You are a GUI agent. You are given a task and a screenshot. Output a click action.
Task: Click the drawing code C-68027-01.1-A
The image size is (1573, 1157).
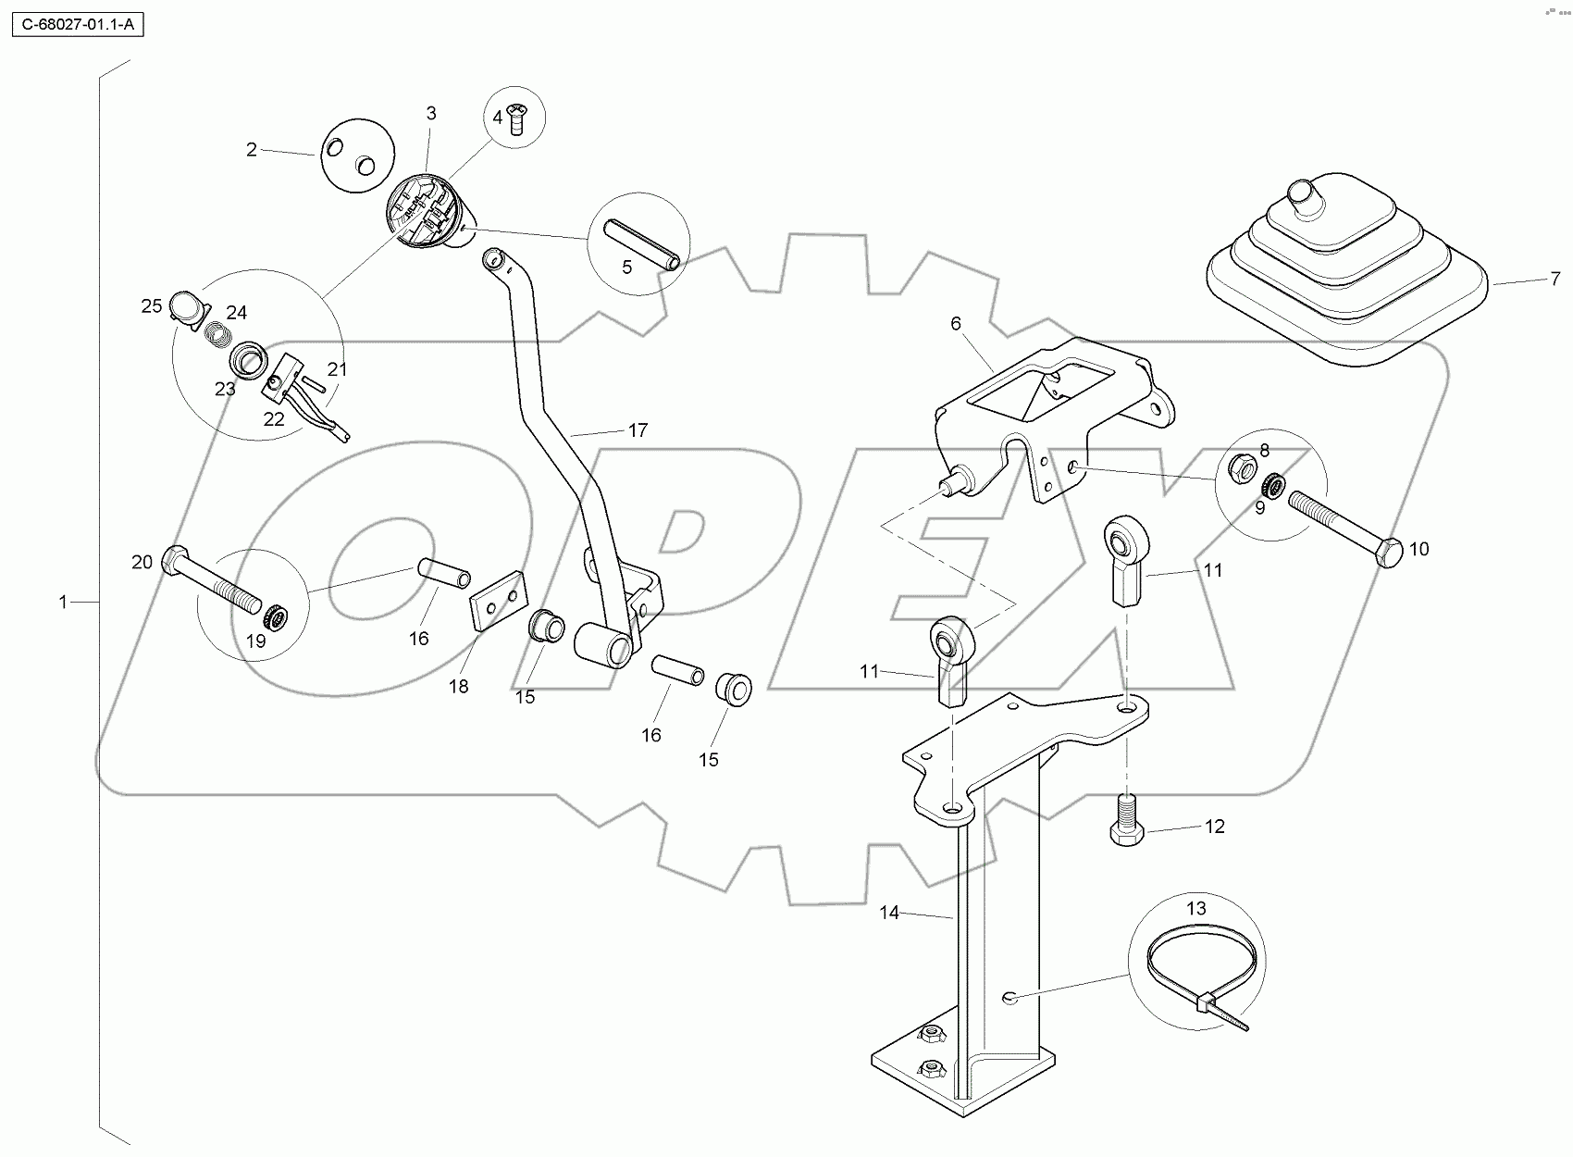pos(78,25)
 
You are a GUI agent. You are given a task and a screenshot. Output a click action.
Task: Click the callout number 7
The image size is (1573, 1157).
pos(1555,279)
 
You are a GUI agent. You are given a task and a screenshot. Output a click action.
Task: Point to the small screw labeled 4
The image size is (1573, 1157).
pos(517,118)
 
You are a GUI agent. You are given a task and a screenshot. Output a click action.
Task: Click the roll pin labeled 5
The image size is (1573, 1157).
pos(642,244)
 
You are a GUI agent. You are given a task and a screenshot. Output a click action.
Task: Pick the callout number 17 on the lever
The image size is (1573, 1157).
pos(638,430)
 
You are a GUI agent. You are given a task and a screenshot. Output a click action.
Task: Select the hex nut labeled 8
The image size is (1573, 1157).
pos(1242,467)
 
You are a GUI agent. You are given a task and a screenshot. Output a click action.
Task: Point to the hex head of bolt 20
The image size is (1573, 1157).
pos(176,561)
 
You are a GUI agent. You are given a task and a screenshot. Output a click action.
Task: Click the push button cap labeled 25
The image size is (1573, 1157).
pos(188,307)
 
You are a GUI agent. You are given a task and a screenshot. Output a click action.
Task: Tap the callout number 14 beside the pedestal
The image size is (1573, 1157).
pos(888,913)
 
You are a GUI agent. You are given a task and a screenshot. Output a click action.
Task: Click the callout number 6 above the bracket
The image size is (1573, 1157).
pos(956,323)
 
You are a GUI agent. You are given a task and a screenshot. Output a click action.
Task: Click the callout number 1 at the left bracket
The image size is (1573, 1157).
pos(63,603)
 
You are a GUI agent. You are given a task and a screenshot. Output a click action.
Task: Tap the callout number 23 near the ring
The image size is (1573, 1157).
pos(225,389)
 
